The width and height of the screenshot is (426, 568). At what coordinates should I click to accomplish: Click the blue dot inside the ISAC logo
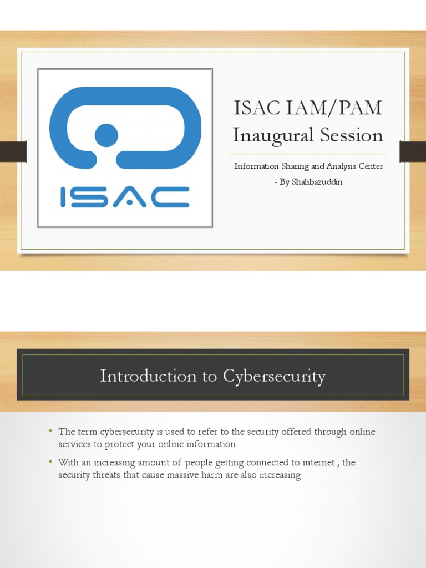click(x=106, y=135)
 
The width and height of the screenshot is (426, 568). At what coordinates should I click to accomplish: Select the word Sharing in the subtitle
click(x=291, y=166)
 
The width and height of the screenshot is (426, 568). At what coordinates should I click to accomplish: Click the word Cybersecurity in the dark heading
click(x=274, y=376)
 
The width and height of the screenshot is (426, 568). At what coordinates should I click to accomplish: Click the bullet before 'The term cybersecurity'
click(x=50, y=431)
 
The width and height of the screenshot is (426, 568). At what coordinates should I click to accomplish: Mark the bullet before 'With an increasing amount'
click(x=50, y=461)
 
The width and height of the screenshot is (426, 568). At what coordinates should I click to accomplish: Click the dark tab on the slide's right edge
click(x=413, y=151)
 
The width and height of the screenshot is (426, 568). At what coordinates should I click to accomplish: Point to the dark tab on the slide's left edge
click(x=13, y=151)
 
